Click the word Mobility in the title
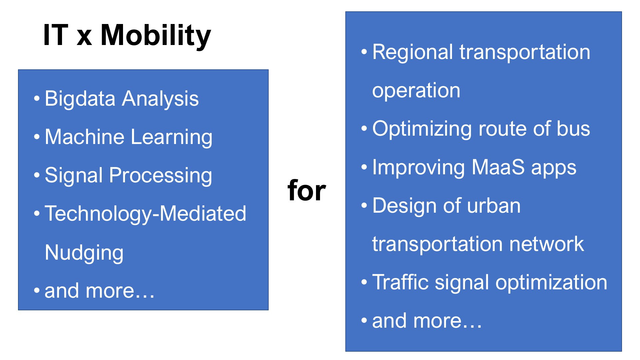(x=156, y=36)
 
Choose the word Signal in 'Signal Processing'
(x=74, y=176)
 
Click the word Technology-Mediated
(x=145, y=214)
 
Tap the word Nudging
(x=84, y=253)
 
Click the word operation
(x=416, y=91)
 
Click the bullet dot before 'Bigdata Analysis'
(x=37, y=99)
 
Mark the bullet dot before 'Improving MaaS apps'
(x=364, y=167)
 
